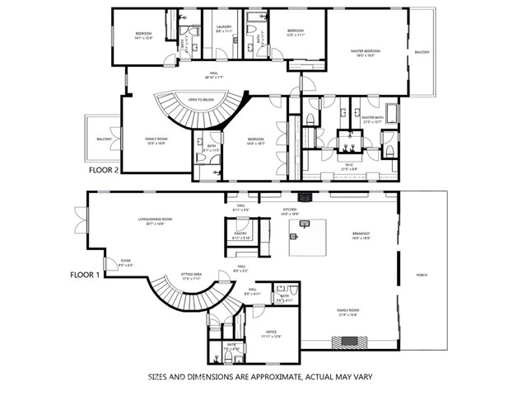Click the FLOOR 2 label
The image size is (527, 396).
click(104, 170)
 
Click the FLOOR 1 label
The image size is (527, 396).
click(85, 275)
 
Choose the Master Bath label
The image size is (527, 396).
click(374, 118)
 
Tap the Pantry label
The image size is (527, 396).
click(240, 234)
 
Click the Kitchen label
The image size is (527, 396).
click(289, 210)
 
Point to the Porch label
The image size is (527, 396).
click(422, 275)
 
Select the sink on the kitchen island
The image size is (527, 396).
click(293, 235)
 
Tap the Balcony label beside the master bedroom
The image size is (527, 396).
click(422, 52)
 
